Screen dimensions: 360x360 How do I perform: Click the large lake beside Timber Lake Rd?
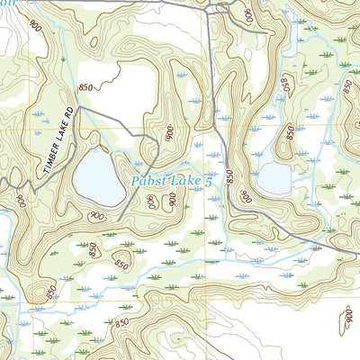[98, 176]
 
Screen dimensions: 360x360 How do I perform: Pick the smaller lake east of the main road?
[274, 179]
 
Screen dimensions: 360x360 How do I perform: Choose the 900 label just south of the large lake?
[96, 217]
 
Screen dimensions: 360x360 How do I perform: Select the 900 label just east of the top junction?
[244, 14]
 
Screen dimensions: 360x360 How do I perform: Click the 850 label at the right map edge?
[347, 86]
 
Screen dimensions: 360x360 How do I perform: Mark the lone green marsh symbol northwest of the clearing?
[64, 59]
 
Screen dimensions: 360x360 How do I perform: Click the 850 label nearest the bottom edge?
[123, 321]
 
